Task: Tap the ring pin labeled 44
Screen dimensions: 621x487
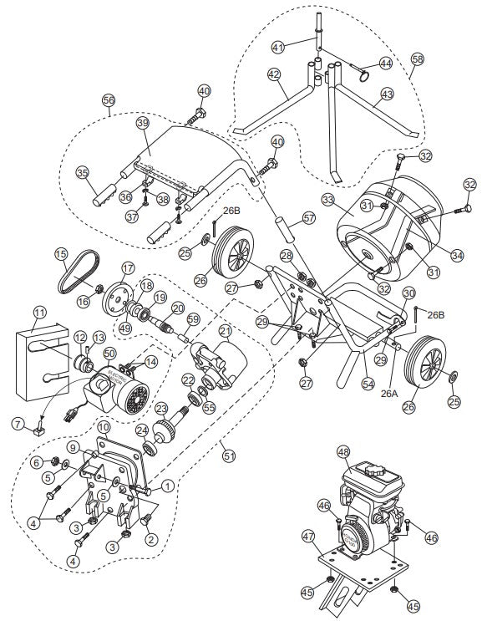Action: tap(363, 76)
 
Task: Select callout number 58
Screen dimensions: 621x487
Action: tap(418, 59)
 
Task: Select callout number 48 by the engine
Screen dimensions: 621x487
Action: tap(342, 452)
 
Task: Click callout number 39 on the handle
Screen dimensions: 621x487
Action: tap(142, 122)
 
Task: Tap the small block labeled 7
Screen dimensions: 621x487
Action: tap(38, 431)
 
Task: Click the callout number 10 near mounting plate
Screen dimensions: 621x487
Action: tap(104, 426)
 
